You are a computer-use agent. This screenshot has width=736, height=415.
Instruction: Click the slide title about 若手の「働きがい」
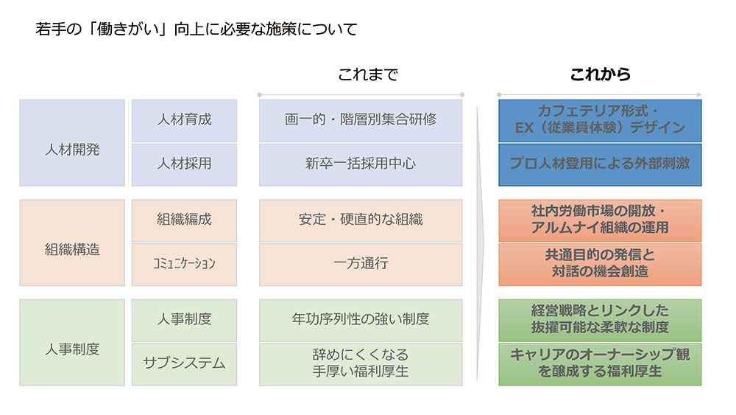[197, 29]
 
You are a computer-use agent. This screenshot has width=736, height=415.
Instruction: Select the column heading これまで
[368, 74]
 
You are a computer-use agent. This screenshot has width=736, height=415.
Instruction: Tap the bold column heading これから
[600, 74]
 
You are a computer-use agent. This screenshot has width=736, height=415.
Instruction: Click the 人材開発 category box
[72, 143]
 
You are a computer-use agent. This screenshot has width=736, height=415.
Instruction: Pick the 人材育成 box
[185, 121]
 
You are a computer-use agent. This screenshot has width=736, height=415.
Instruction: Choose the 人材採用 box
[185, 165]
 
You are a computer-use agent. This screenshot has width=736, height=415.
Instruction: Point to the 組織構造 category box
[72, 243]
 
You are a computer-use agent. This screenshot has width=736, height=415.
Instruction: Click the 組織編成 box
[185, 221]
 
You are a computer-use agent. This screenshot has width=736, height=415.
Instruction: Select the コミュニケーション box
[185, 265]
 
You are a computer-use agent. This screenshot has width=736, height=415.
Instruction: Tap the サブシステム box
[185, 365]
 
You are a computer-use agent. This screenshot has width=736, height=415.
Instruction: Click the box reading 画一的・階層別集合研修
[361, 121]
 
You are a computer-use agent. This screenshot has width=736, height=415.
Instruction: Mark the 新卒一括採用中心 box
[361, 165]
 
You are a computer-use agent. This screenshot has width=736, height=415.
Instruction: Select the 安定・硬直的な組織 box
[361, 221]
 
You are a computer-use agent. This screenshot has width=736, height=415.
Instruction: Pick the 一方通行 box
[361, 265]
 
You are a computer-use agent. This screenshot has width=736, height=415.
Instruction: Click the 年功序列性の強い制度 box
[361, 321]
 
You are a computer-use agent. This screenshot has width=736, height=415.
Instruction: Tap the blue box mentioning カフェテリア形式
[600, 121]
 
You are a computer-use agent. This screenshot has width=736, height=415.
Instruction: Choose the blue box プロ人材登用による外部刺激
[600, 165]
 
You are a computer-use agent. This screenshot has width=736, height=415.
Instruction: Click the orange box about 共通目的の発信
[600, 265]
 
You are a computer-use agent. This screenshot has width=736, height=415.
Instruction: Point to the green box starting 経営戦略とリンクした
[600, 321]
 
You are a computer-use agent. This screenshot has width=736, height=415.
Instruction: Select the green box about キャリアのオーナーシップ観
[600, 365]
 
